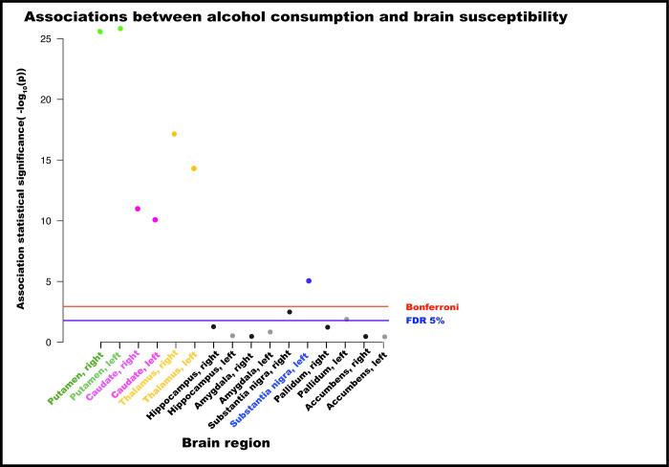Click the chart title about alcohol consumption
click(295, 16)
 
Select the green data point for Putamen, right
click(99, 32)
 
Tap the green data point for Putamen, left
click(120, 29)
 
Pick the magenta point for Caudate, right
click(138, 209)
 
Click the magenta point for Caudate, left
click(155, 220)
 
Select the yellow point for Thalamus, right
click(174, 134)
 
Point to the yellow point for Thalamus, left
click(194, 168)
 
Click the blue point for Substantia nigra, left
click(309, 280)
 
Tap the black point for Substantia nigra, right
click(290, 312)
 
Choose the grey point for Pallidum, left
click(346, 320)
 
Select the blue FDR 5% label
click(425, 321)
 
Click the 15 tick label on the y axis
click(45, 160)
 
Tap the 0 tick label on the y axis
click(48, 342)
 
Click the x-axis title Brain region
click(226, 443)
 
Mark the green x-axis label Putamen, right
click(76, 377)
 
